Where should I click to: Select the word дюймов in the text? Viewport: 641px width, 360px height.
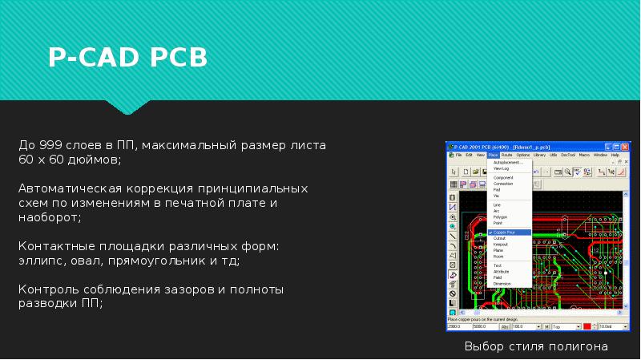98,160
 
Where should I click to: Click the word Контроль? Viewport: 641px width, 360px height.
46,289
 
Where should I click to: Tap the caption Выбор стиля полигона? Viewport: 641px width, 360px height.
536,346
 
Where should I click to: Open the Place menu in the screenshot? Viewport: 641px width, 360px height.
493,155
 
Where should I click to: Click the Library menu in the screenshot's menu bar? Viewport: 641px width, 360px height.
539,155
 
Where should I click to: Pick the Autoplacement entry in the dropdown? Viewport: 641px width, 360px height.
508,163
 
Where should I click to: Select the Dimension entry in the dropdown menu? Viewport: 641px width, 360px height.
502,284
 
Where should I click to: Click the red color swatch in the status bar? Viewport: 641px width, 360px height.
587,326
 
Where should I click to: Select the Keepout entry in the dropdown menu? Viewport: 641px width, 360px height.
500,245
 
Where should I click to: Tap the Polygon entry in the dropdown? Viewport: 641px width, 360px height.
500,217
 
